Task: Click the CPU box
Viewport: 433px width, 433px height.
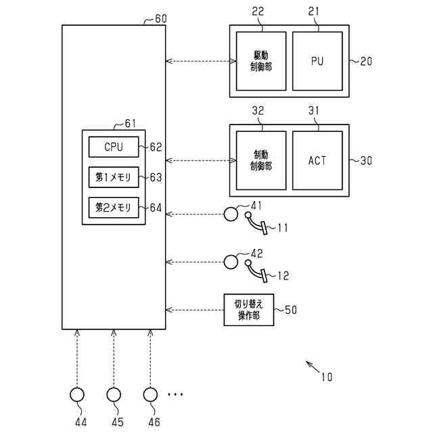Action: click(x=114, y=147)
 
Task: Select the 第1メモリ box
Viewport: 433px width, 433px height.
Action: click(x=114, y=177)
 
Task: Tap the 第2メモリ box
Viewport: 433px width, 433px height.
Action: click(x=114, y=208)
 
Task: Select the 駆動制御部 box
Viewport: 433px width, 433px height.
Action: click(x=260, y=61)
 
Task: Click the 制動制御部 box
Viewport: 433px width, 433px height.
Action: click(x=260, y=160)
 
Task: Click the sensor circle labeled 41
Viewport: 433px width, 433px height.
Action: click(x=231, y=214)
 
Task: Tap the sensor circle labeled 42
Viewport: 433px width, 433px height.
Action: click(x=231, y=261)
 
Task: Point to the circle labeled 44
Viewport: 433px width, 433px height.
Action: click(x=78, y=394)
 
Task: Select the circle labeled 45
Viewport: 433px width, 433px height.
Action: click(x=114, y=394)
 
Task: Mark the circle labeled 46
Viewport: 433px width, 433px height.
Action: click(x=150, y=394)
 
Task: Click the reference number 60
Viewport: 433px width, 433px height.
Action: click(x=161, y=18)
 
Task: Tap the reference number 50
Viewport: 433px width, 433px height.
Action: click(x=290, y=310)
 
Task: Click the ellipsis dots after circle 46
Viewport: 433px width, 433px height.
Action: click(x=175, y=394)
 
